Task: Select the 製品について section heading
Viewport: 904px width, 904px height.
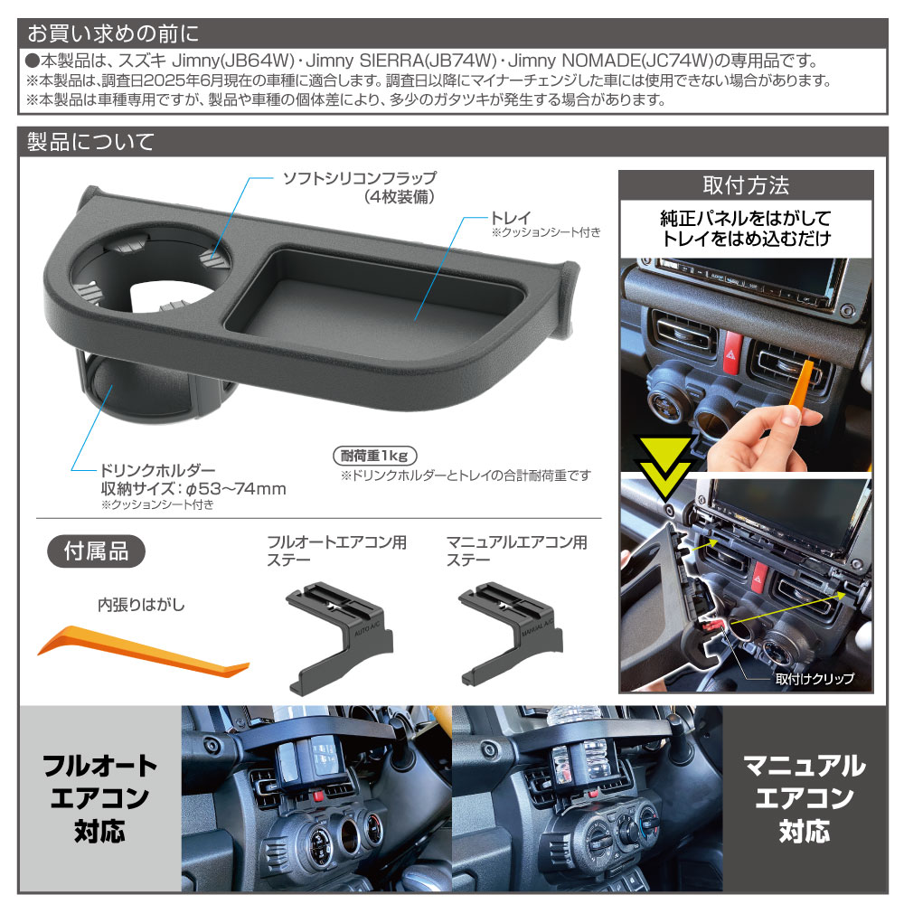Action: [x=90, y=142]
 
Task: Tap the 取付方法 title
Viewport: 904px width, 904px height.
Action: [x=746, y=186]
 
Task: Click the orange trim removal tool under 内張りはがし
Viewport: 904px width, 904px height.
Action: [x=145, y=648]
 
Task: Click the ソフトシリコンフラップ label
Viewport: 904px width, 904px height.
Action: [x=360, y=178]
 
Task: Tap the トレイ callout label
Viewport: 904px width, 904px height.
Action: [x=509, y=217]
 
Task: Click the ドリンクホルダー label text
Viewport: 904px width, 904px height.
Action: [x=156, y=470]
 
